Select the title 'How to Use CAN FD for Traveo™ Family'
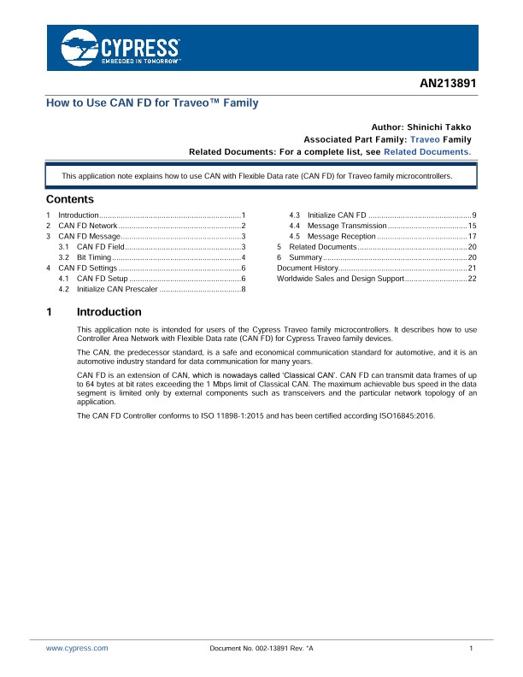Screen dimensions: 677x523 (x=151, y=103)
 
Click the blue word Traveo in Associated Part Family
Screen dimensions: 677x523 (x=426, y=139)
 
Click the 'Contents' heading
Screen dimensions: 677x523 (x=70, y=198)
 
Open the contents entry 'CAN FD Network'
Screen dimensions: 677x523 (x=87, y=225)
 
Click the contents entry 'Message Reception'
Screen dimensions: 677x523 (x=341, y=236)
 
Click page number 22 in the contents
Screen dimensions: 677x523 (x=472, y=279)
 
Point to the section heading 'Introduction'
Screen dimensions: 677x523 (x=109, y=312)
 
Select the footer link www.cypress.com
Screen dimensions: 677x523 (x=77, y=650)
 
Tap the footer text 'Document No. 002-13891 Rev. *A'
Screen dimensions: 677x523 (x=261, y=650)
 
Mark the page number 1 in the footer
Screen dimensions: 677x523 (x=472, y=650)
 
